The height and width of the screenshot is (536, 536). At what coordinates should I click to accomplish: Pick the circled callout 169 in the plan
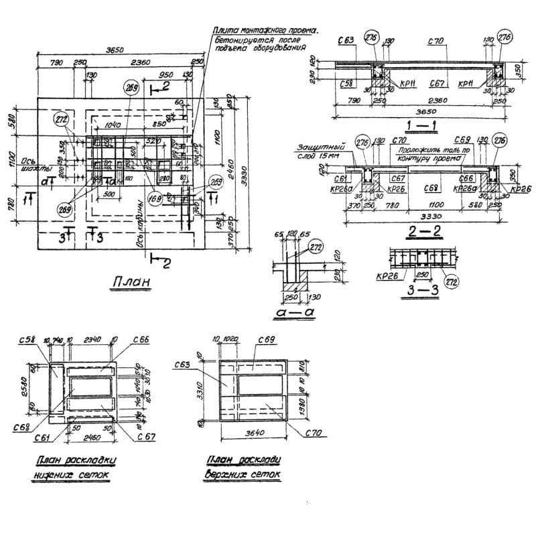(x=156, y=198)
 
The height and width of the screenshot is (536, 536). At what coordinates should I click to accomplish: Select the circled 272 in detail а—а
(x=315, y=249)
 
